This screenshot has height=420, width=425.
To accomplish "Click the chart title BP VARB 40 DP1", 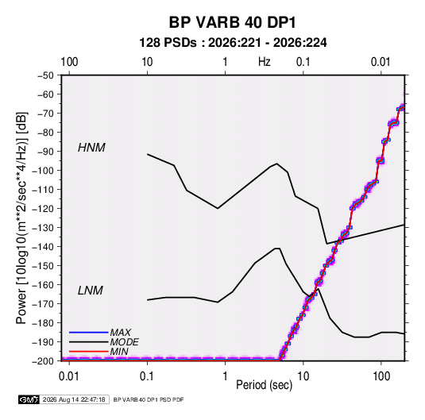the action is point(232,22).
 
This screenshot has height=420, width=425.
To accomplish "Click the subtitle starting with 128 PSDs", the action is point(233,43).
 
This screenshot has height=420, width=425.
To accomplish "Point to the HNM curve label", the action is point(91,148).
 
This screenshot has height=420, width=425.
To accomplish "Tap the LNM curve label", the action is point(91,291).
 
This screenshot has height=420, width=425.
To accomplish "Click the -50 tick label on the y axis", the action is point(45,75).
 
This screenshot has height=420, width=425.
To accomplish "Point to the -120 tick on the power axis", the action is point(43,209).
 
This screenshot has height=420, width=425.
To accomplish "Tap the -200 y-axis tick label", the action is point(43,361).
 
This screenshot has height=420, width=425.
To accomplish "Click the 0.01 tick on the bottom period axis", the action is point(69,376).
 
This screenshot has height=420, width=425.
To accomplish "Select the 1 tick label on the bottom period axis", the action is point(225,376).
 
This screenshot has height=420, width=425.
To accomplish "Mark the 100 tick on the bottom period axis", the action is point(381,376).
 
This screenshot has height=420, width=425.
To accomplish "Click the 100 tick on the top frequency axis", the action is point(69,62).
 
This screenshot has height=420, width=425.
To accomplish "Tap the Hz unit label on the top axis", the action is point(265,62).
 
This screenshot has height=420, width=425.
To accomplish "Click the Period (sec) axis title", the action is point(265,385).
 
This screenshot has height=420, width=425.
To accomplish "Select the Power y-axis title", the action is point(21,218).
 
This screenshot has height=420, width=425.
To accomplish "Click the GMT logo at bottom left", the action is point(29,399).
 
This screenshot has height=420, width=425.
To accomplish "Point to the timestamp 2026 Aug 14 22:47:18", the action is point(74,399).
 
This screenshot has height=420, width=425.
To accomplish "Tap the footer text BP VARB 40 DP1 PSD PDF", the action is point(149,399).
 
